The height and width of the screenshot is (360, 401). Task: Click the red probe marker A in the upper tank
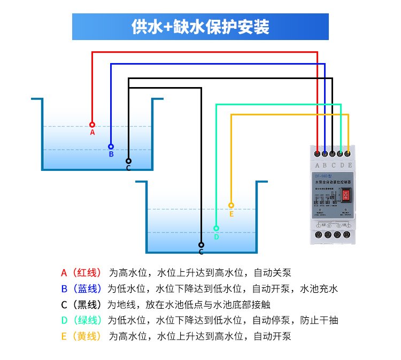pos(92,124)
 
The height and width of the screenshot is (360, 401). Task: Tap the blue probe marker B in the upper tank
pos(111,146)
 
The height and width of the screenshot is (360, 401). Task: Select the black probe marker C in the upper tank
pos(128,161)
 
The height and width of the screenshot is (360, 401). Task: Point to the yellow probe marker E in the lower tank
pos(231,205)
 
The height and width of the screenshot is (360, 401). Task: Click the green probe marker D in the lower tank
pos(216,228)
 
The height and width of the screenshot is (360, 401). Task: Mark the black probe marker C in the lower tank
pos(201,245)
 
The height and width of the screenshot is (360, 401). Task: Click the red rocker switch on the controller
pos(346,195)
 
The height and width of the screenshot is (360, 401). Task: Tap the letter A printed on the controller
pos(318,166)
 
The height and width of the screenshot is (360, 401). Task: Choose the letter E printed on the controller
pos(350,166)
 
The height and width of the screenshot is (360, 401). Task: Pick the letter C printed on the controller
pos(334,166)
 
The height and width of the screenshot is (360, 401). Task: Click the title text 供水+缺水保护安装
pos(200,27)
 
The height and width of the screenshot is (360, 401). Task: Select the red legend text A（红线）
pos(81,273)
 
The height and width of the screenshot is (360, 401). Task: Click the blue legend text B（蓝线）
pos(81,289)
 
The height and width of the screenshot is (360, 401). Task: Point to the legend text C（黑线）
pos(81,305)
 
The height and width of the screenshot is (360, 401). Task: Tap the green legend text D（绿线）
pos(81,320)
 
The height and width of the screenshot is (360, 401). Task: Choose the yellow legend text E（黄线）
pos(81,336)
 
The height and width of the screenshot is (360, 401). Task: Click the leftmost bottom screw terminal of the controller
pos(319,234)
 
